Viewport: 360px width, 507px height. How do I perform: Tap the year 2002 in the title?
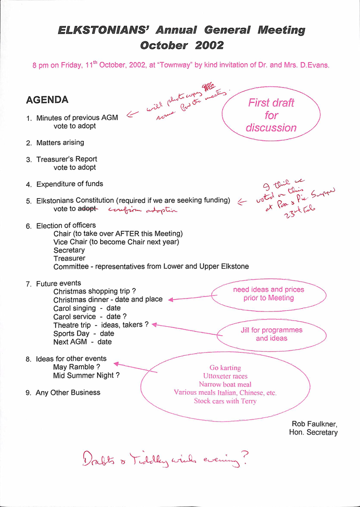point(209,45)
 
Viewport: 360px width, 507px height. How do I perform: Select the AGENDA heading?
point(47,100)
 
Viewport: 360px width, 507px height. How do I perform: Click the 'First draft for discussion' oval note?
point(271,115)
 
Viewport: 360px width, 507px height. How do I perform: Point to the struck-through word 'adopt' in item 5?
point(87,209)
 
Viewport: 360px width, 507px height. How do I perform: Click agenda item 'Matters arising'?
point(60,143)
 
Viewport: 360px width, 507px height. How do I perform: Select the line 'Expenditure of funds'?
point(69,184)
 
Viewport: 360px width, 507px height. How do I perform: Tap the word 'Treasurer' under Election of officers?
point(69,258)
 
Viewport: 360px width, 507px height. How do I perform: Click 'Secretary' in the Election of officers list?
point(69,250)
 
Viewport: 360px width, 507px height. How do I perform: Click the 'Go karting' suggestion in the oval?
point(225,368)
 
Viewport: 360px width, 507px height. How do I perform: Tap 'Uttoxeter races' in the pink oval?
point(225,376)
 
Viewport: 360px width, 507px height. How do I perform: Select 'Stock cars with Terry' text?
point(225,401)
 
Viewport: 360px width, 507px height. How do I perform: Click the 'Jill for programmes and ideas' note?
point(272,334)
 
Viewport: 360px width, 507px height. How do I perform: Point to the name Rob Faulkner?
point(314,424)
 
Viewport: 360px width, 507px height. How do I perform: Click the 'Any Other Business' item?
point(68,393)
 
